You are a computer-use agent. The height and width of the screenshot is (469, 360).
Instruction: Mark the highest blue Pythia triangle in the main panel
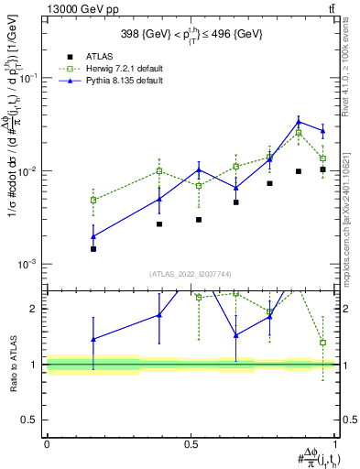coord(299,121)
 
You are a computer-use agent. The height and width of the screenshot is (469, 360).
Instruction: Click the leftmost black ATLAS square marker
coord(93,248)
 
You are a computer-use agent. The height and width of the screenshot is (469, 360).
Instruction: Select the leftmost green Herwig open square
coord(93,200)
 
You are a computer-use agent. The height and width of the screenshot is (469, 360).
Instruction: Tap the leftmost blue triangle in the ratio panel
coord(93,339)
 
